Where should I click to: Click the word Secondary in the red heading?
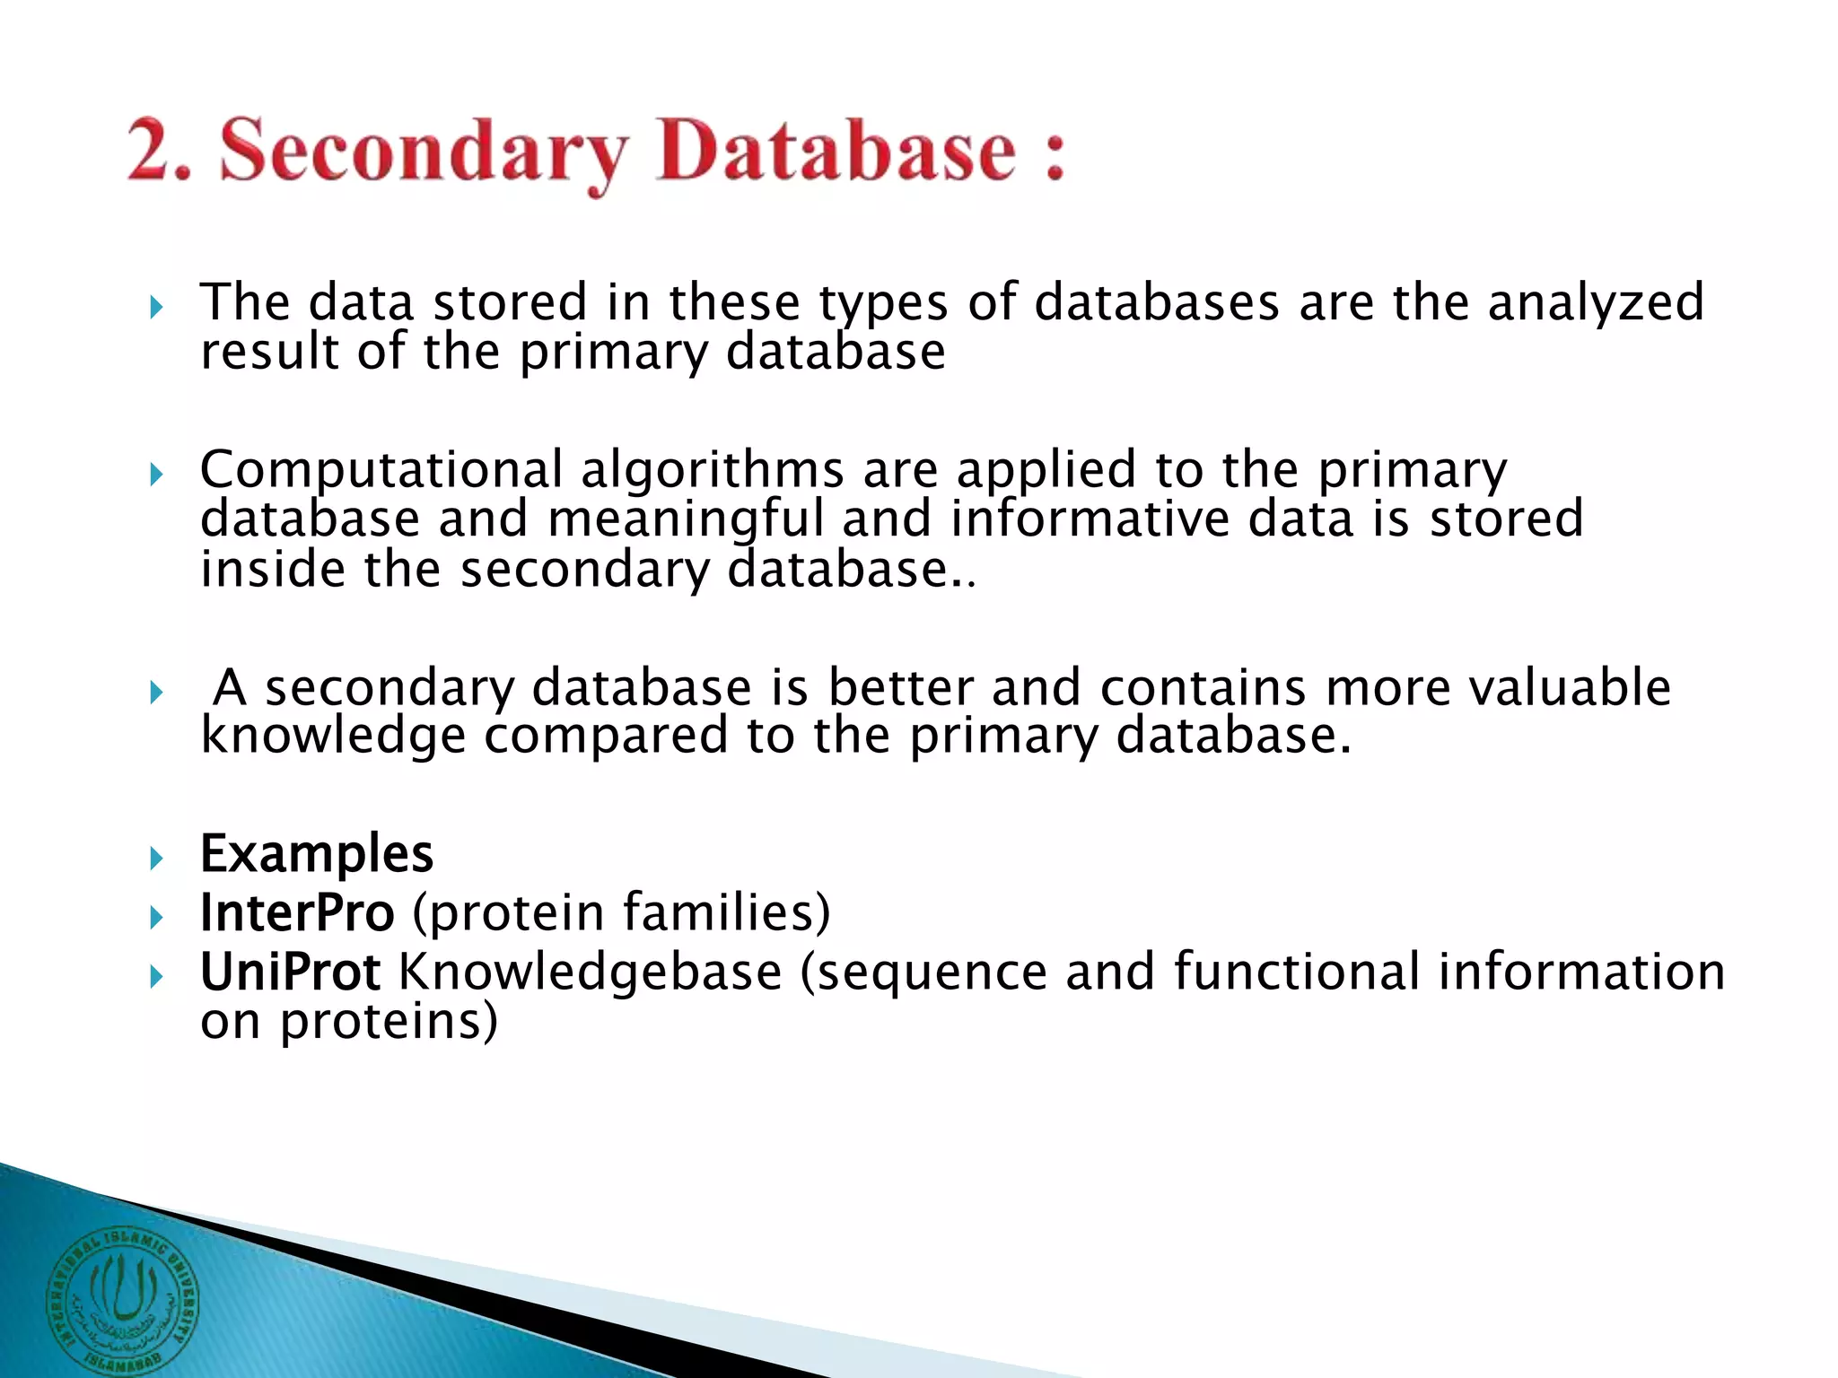(424, 153)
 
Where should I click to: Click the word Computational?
(381, 470)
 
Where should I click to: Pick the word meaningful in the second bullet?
(686, 520)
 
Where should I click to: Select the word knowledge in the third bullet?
(333, 737)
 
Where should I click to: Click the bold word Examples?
(317, 853)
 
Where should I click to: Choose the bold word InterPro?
(297, 912)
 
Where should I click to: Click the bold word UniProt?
(290, 972)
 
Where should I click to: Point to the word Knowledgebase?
(590, 972)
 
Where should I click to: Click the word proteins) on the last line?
(389, 1022)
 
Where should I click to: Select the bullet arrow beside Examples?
(157, 859)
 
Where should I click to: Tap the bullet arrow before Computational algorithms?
(157, 475)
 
